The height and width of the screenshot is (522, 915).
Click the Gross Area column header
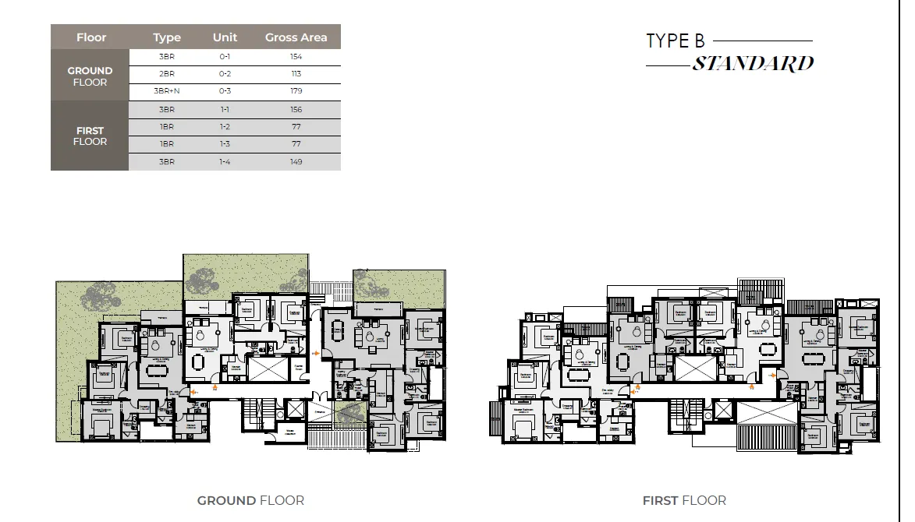(296, 37)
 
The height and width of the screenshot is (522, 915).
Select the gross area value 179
(296, 91)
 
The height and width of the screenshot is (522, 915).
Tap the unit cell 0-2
(225, 74)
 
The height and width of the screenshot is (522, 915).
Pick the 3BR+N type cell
(166, 91)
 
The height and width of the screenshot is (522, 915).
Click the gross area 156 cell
(296, 110)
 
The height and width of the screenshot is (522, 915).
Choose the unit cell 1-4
(225, 162)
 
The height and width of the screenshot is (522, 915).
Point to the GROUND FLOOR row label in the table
(90, 76)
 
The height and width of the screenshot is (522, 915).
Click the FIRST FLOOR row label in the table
(90, 136)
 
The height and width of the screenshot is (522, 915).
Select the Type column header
(166, 37)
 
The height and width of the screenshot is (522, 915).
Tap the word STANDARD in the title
(753, 64)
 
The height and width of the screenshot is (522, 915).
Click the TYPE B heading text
(675, 41)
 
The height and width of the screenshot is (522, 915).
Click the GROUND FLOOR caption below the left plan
(250, 500)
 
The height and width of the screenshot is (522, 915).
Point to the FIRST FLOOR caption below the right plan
(684, 500)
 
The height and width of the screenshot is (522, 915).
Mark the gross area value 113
(296, 74)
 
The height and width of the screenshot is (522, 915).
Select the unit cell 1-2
(225, 127)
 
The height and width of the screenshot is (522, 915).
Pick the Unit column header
(225, 37)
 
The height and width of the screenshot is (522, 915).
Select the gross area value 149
(296, 162)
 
